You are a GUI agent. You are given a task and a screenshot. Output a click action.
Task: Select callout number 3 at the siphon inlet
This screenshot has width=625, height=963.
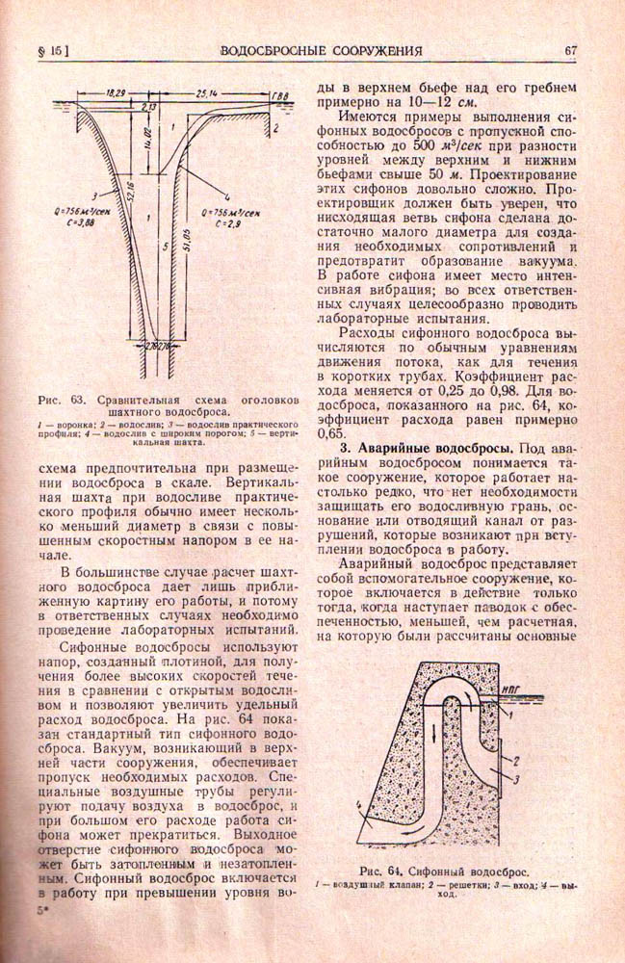click(519, 777)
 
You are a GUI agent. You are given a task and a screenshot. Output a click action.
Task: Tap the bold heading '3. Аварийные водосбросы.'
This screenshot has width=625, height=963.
click(425, 447)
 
